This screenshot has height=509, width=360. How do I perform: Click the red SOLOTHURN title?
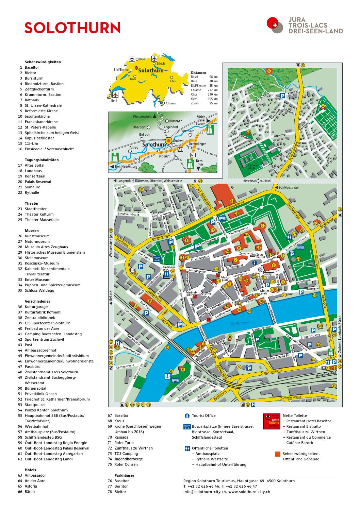[x=72, y=28]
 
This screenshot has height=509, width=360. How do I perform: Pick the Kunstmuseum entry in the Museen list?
[x=37, y=236]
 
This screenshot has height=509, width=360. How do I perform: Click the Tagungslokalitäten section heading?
[x=42, y=160]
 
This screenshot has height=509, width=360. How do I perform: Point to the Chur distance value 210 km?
[x=212, y=95]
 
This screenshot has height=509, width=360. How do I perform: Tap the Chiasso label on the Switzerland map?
[x=171, y=103]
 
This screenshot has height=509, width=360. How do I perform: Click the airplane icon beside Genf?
[x=115, y=94]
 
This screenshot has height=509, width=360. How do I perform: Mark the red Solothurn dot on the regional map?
[x=168, y=140]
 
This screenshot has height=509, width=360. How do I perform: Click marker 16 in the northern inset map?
[x=269, y=71]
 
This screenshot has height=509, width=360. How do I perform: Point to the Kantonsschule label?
[x=251, y=167]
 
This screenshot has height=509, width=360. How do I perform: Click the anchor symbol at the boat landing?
[x=167, y=376]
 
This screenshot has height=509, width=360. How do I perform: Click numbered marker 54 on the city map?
[x=232, y=201]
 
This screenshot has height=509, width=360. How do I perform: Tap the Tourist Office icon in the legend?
[x=187, y=415]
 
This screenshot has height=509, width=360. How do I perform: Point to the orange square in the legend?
[x=278, y=454]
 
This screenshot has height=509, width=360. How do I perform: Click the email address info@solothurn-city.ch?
[x=204, y=492]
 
